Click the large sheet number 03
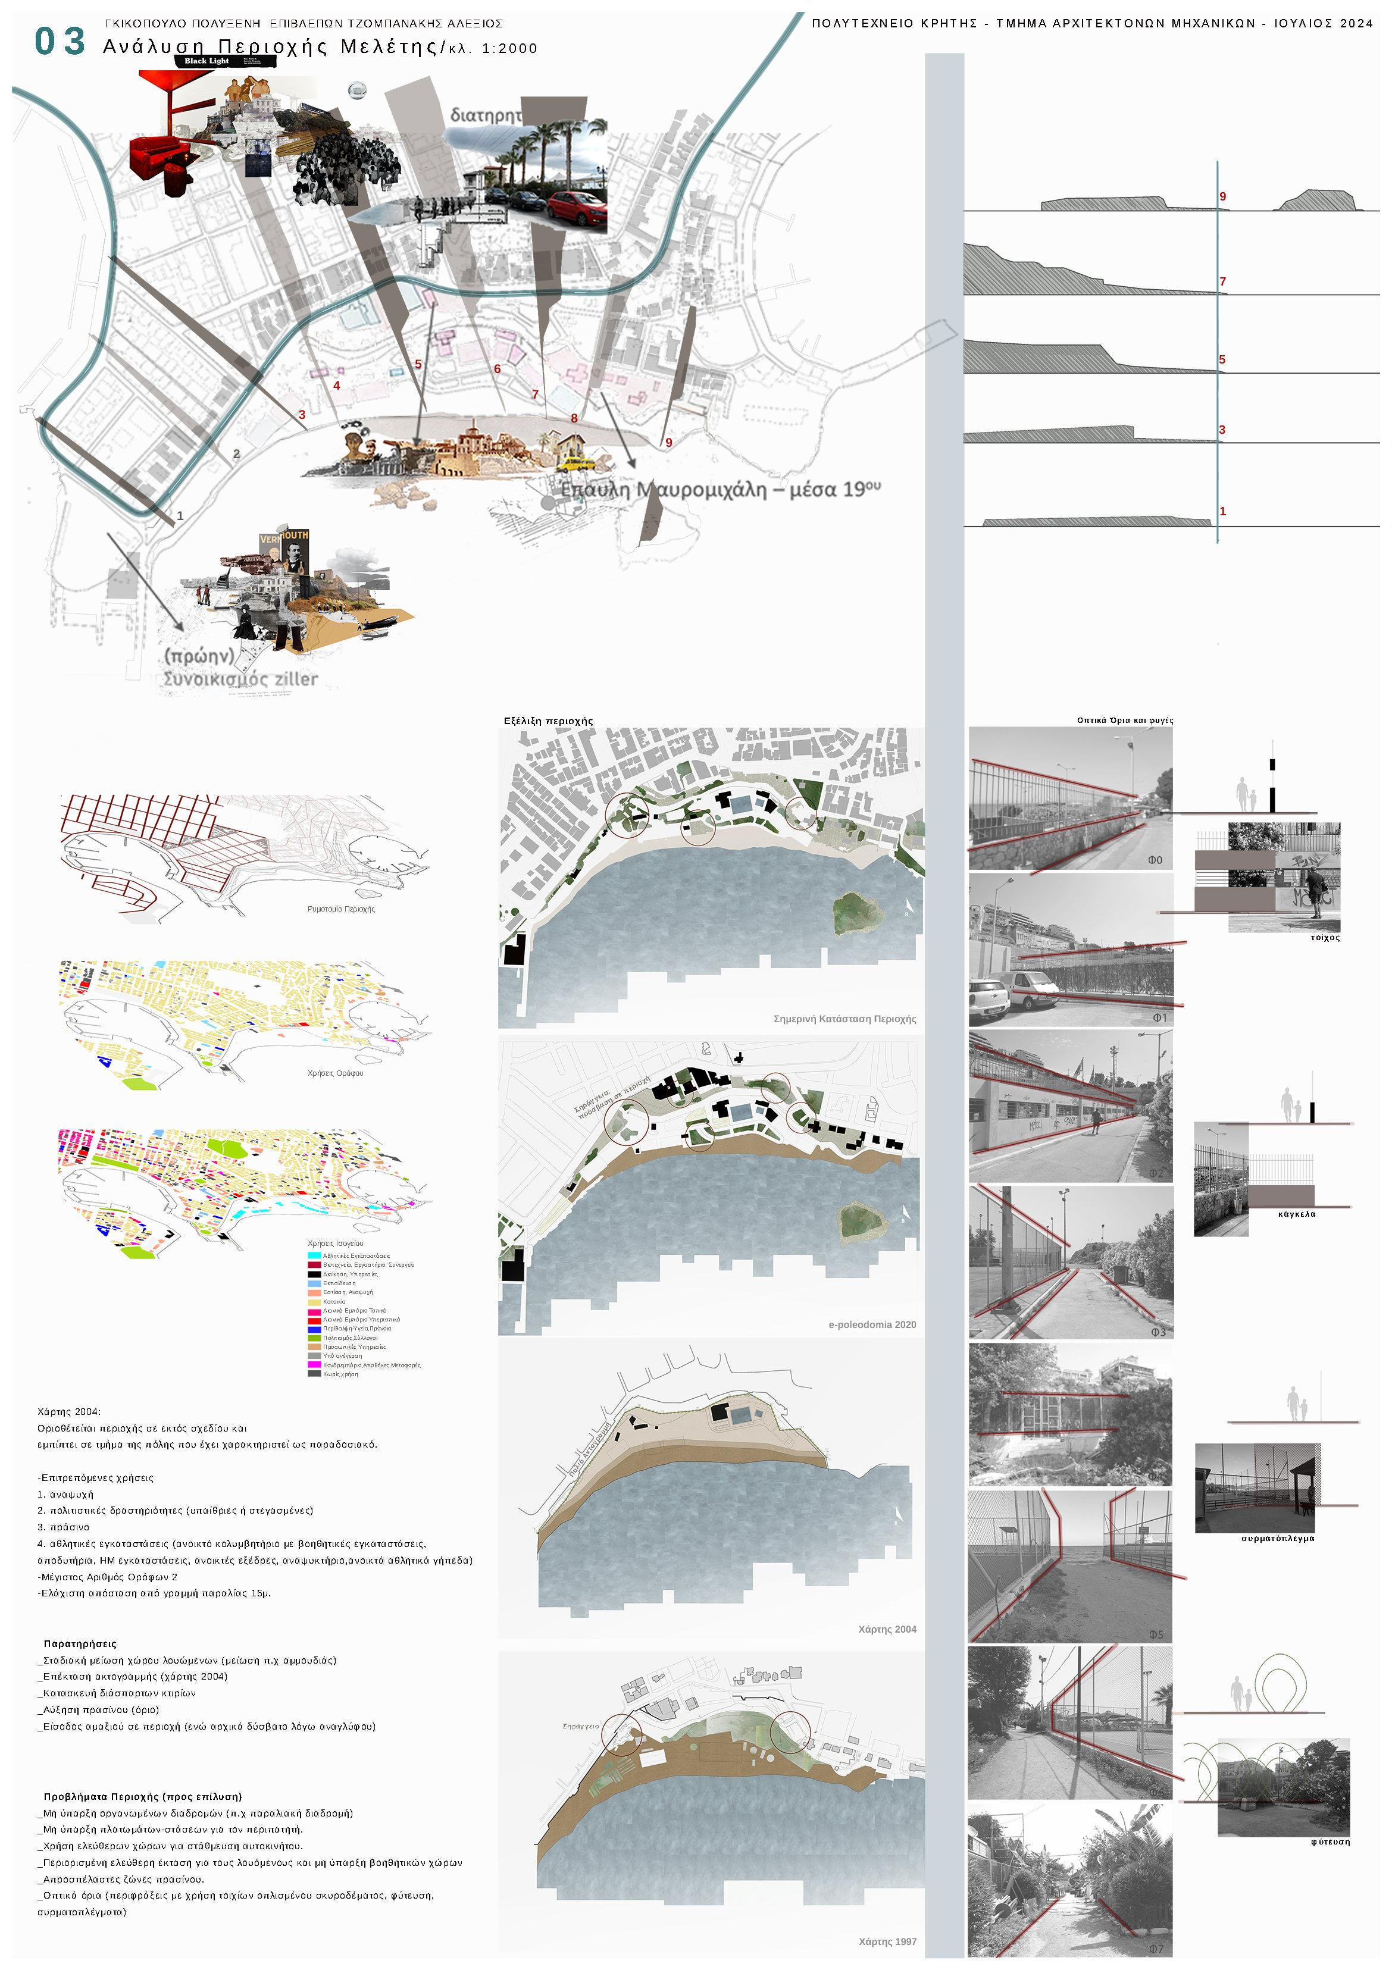click(x=60, y=41)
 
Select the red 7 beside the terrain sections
click(x=1222, y=281)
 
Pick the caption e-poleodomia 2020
click(x=872, y=1325)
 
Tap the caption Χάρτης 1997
click(x=887, y=1941)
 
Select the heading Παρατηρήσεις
click(x=80, y=1644)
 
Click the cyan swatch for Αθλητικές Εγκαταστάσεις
click(x=314, y=1256)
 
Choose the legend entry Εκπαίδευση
click(x=339, y=1283)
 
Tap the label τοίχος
click(x=1325, y=938)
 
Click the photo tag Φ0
click(x=1155, y=860)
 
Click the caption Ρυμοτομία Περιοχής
click(x=340, y=909)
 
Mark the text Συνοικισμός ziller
click(x=240, y=679)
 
